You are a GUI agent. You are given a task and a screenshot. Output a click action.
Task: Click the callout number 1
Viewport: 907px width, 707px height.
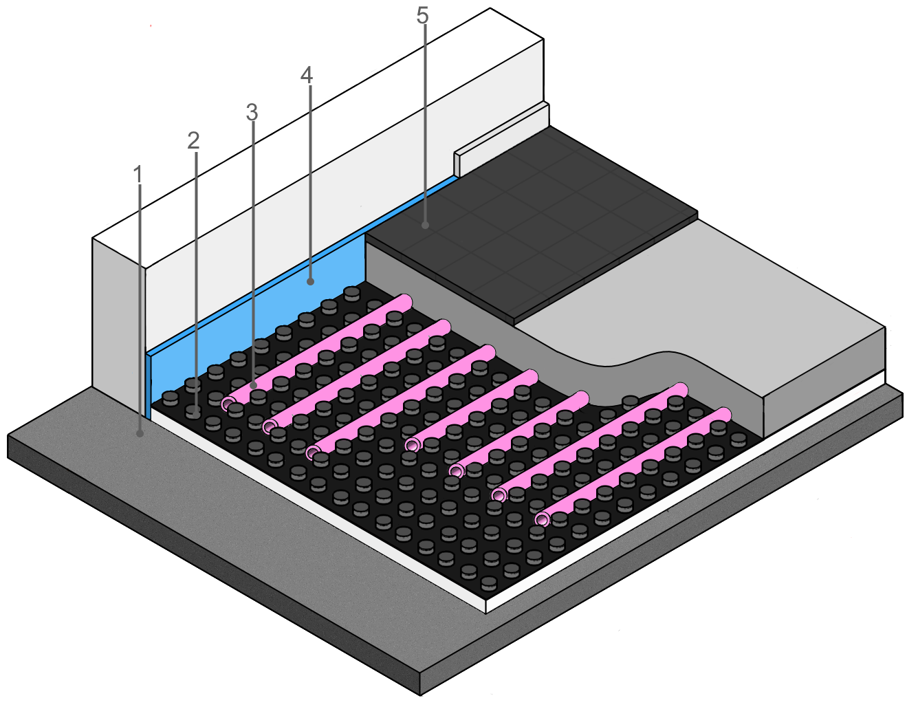tap(138, 175)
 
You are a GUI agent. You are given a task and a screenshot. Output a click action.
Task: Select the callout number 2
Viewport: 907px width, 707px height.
tap(193, 141)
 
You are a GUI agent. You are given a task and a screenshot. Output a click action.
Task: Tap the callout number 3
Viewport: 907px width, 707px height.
tap(252, 112)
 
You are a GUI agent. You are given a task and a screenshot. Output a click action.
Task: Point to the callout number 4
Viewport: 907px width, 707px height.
tap(307, 75)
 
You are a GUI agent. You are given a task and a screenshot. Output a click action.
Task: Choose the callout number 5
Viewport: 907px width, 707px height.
tap(422, 15)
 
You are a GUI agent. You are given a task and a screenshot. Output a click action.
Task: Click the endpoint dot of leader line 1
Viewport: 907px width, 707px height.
tap(140, 434)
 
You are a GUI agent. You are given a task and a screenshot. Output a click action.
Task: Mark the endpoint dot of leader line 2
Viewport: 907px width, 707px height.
tap(196, 413)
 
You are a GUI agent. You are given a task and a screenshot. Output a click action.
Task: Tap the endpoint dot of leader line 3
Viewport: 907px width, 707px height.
tap(253, 386)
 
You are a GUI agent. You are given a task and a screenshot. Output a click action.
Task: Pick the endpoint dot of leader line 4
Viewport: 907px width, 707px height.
tap(310, 282)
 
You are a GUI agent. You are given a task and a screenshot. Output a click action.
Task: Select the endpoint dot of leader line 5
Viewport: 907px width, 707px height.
tap(425, 226)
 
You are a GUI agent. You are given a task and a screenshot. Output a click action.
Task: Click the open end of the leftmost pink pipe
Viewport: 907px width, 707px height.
tap(228, 404)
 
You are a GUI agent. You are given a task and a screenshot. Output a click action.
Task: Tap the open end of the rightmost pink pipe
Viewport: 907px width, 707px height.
tap(542, 520)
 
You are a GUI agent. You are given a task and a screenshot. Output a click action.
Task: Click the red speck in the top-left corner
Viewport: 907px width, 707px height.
tap(151, 26)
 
